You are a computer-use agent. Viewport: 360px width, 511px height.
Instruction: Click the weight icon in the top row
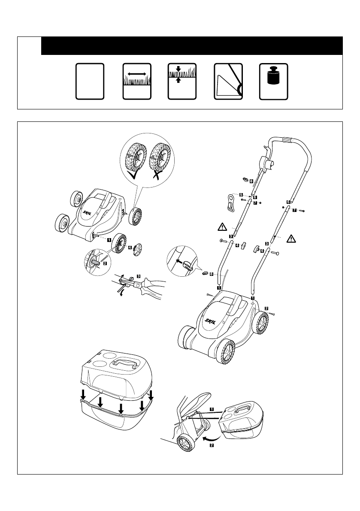click(274, 82)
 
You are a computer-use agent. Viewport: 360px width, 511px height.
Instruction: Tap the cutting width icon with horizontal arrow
click(137, 82)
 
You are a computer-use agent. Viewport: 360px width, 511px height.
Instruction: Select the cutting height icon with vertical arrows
click(182, 82)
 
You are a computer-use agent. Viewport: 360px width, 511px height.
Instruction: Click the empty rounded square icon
click(90, 82)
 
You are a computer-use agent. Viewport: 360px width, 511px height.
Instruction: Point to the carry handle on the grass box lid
click(125, 364)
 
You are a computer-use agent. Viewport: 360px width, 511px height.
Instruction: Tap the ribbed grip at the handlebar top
click(286, 140)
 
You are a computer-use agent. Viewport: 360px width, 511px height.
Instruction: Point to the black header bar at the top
click(192, 45)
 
